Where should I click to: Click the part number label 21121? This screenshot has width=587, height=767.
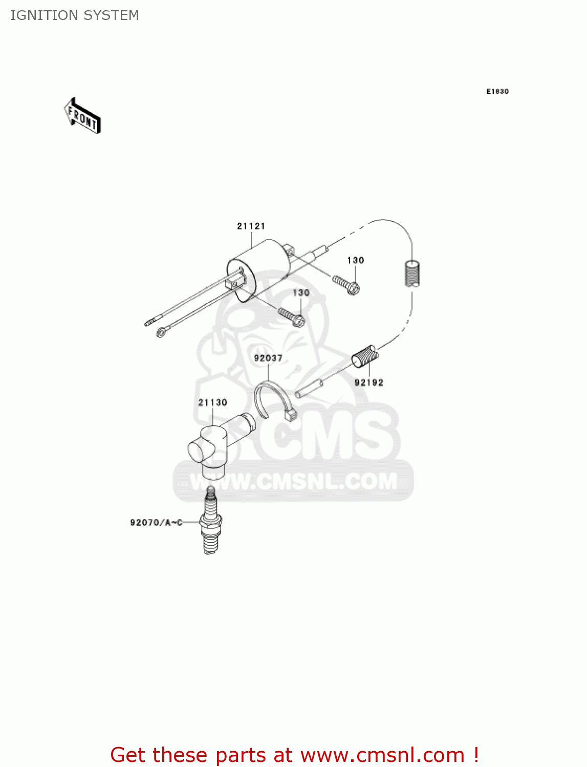(x=251, y=226)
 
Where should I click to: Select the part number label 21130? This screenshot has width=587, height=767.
(x=212, y=403)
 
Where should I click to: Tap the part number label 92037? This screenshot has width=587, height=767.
(x=268, y=358)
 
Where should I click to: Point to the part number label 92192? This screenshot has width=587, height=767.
(x=368, y=382)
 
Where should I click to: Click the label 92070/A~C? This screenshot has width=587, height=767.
(x=156, y=523)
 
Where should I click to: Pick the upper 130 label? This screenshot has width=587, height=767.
(x=355, y=260)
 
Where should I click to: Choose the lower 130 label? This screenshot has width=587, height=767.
(x=301, y=293)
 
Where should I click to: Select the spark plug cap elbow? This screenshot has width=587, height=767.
(x=215, y=445)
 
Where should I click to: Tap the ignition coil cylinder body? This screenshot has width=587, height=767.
(x=258, y=271)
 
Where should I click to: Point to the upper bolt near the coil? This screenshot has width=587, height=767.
(x=346, y=284)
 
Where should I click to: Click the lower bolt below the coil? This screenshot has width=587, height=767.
(x=292, y=317)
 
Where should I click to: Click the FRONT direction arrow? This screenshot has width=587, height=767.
(x=82, y=116)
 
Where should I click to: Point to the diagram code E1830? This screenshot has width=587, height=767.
(x=497, y=92)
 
